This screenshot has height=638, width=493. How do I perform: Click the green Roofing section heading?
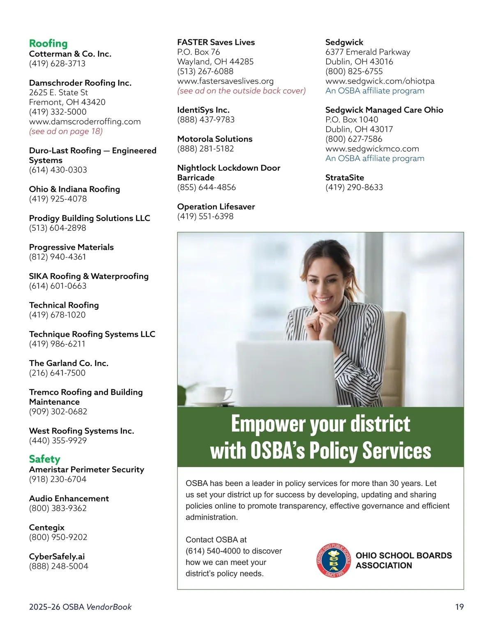48,44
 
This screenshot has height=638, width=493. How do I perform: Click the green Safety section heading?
44,459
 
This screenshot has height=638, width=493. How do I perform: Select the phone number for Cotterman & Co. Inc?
57,64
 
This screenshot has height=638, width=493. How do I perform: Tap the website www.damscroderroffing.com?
85,122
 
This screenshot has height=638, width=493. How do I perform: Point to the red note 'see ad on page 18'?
66,131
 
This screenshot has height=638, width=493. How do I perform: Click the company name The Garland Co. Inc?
69,363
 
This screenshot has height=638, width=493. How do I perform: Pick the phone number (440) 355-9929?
58,440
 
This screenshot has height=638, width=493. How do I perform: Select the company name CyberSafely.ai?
57,556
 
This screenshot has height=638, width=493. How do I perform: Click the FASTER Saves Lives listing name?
216,42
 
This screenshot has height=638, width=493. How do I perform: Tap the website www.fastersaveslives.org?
225,81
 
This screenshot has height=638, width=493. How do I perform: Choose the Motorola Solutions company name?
214,139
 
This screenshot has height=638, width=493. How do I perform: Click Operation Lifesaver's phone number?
205,217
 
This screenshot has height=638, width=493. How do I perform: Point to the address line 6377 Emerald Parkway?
367,52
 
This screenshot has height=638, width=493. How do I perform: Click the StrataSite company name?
344,177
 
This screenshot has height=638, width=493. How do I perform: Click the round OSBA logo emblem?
333,560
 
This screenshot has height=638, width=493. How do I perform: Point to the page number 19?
459,607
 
